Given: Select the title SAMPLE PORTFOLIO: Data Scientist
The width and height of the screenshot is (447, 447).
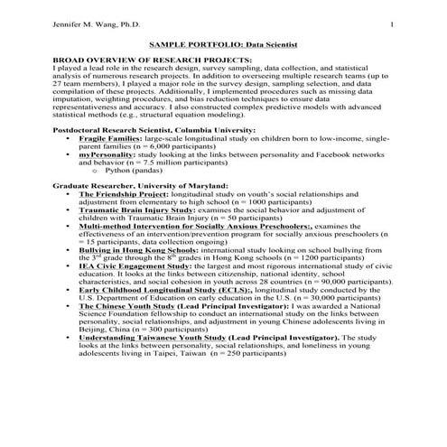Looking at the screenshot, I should (x=222, y=43).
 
